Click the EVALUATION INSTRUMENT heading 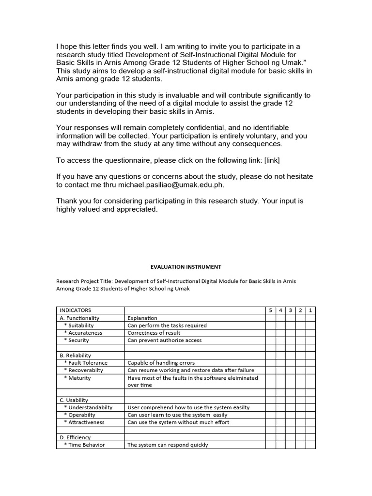coord(186,266)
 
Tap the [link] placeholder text coord(272,159)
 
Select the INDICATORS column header coord(75,310)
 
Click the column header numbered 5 coord(270,310)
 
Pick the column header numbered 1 coord(310,310)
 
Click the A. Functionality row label coord(79,318)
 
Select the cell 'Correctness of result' coord(154,333)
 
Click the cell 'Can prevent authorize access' coord(164,340)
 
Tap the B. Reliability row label coord(75,356)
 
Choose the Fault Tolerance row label coord(86,363)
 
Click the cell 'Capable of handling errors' coord(161,363)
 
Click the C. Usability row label coord(74,400)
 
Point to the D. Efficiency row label coord(75,437)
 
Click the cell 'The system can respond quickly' coord(168,445)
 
